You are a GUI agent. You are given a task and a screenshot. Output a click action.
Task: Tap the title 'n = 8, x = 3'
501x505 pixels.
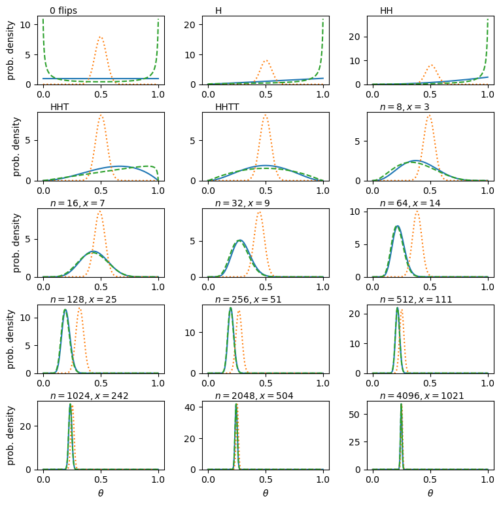click(x=404, y=107)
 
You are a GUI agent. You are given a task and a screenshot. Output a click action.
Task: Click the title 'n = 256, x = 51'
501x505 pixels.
click(x=251, y=299)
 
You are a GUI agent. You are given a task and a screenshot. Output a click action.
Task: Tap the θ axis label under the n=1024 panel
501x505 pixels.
click(x=101, y=493)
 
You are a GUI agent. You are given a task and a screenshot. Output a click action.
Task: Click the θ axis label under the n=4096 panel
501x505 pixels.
click(x=430, y=493)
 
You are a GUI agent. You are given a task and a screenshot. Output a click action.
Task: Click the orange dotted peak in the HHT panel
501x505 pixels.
click(x=101, y=116)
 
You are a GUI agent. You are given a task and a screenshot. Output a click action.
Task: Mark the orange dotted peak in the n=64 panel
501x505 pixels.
click(x=417, y=210)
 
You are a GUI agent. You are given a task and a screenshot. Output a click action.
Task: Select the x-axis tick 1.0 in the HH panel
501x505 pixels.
click(x=487, y=94)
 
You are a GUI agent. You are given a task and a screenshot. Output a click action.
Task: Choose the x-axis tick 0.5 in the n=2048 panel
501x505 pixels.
click(x=266, y=479)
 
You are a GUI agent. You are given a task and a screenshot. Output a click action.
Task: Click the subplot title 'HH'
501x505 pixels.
click(x=387, y=10)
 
